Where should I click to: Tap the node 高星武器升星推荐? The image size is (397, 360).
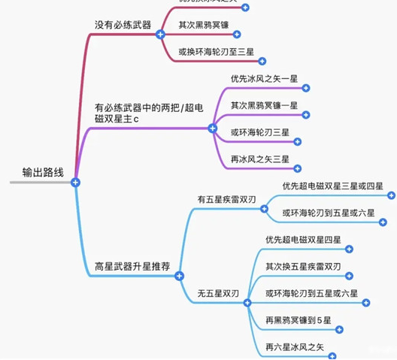pos(132,266)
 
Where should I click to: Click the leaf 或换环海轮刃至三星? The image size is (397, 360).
pos(216,53)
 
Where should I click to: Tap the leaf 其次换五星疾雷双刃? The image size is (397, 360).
pos(304,266)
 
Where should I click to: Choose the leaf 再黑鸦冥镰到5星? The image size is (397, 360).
pos(299,320)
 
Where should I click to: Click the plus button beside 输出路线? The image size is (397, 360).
pos(75,181)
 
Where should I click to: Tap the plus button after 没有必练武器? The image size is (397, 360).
pos(159,35)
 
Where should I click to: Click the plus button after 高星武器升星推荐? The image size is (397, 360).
pos(179,277)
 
